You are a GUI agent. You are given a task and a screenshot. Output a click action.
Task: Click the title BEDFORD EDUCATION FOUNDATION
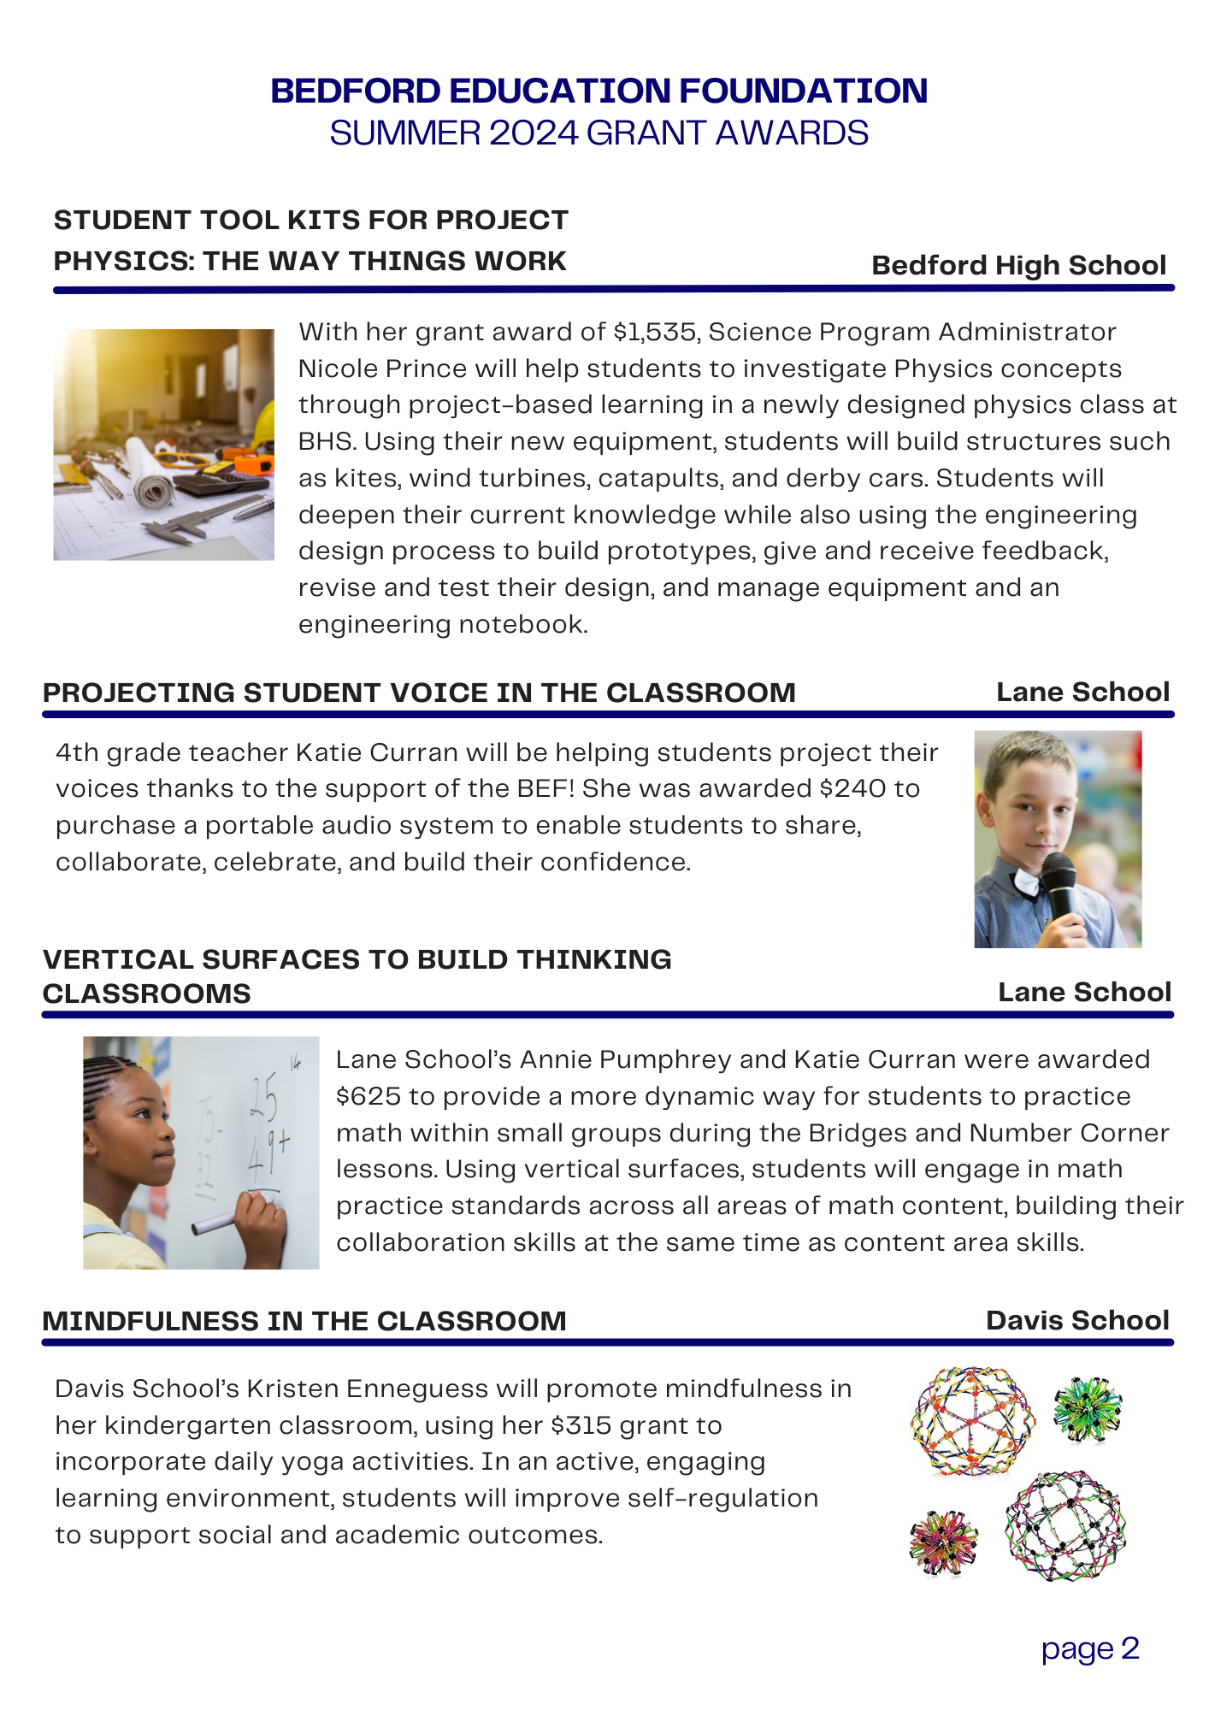coord(599,91)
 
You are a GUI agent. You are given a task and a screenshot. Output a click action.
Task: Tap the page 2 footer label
coord(1090,1648)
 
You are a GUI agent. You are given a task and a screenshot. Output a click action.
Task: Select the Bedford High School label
coord(1018,265)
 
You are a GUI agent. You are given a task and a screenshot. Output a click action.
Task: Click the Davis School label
coord(1076,1320)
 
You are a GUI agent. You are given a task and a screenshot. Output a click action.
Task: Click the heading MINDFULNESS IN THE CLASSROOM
coord(304,1321)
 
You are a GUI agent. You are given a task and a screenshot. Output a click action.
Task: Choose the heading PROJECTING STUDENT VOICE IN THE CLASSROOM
coord(419,693)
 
